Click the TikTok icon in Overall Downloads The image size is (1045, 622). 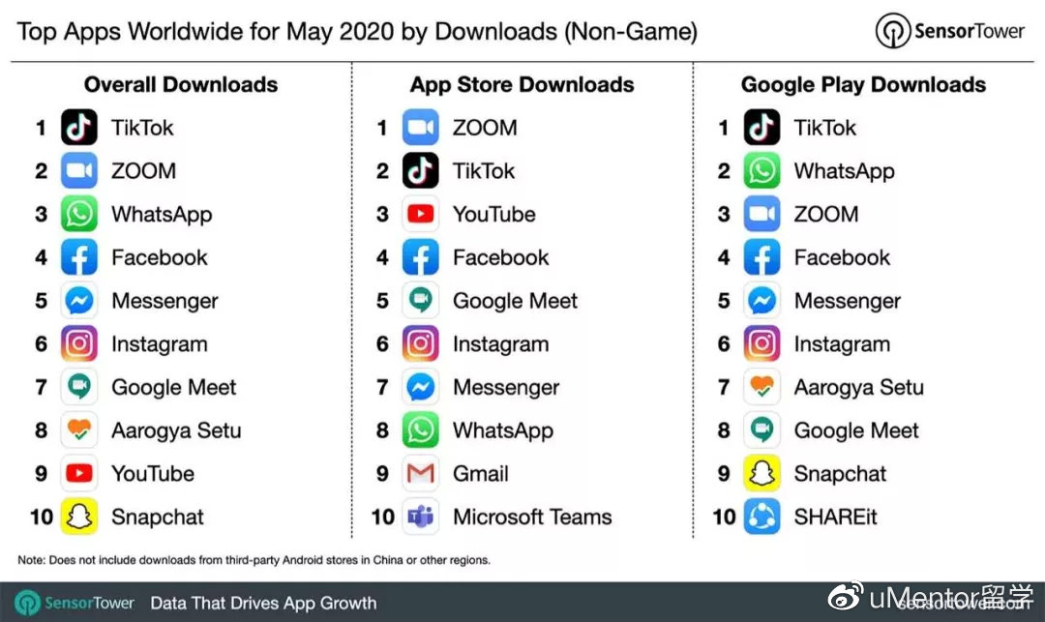click(x=79, y=128)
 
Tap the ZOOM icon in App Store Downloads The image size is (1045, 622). click(x=421, y=128)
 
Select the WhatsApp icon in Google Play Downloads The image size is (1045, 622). click(x=762, y=171)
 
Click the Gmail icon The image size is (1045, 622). click(x=421, y=474)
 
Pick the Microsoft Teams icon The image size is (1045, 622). click(x=421, y=518)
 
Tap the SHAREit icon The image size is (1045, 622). click(x=762, y=518)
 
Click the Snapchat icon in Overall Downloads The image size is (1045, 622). click(x=79, y=518)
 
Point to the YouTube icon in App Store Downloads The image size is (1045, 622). click(x=421, y=215)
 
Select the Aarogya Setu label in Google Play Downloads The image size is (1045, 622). click(x=858, y=388)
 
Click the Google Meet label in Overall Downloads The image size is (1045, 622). click(x=174, y=388)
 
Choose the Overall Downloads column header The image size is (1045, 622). click(x=181, y=85)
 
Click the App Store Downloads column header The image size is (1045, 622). click(x=522, y=85)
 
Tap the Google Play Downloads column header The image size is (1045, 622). click(x=863, y=85)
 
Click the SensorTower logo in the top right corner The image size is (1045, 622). click(x=949, y=31)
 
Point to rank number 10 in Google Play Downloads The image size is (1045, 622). click(x=724, y=518)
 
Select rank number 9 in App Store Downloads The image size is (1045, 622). click(x=382, y=474)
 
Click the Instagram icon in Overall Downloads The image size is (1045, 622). click(x=79, y=344)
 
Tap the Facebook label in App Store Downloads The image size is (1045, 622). click(x=500, y=258)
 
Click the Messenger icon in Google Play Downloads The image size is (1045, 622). click(x=762, y=301)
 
